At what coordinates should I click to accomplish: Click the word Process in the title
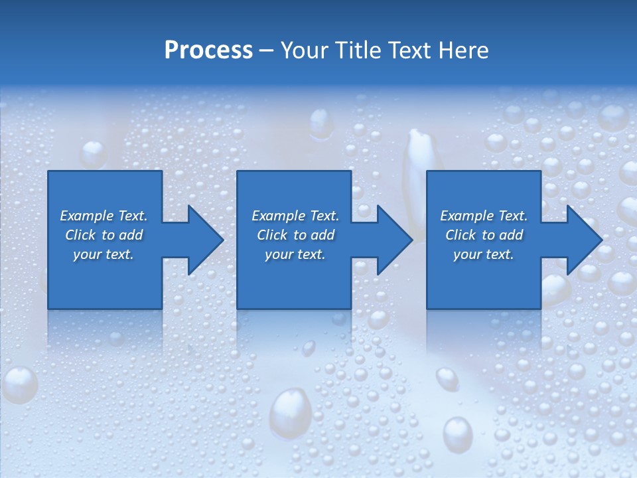(208, 50)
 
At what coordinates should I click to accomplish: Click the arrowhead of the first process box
(205, 240)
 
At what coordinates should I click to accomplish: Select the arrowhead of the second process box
(394, 240)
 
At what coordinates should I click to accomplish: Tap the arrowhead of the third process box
(584, 240)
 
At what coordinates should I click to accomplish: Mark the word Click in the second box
(272, 235)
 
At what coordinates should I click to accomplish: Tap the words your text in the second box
(295, 254)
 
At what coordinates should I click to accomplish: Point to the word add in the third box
(511, 235)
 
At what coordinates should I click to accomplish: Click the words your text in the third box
(483, 254)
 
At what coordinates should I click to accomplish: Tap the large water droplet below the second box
(290, 412)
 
